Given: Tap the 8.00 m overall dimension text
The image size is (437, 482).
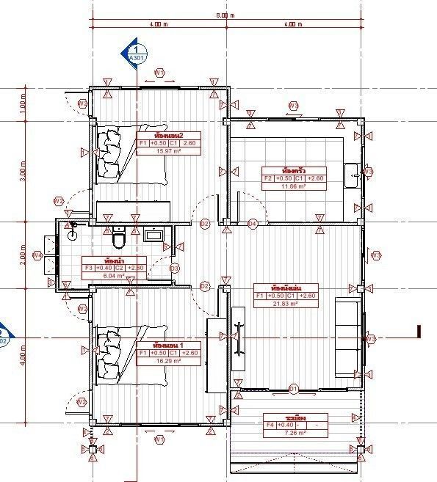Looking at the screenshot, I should coord(225,15).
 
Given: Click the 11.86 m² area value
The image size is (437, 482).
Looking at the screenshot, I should coord(283,186).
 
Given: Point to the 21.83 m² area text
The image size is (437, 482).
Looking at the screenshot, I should coord(284,304).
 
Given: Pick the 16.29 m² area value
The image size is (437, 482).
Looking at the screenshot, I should coord(168,361).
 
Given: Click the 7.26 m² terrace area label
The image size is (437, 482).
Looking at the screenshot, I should coord(284,434).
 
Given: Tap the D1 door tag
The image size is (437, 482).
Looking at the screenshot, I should coord(295,388).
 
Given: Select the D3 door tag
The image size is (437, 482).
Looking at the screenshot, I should coord(175,269).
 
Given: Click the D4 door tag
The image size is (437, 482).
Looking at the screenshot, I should coord(253,223).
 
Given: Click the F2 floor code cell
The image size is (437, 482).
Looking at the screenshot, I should coord(269,178).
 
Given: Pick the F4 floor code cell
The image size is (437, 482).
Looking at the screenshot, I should coord(270,425).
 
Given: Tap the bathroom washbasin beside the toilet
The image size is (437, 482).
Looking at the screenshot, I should coord(155,235).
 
